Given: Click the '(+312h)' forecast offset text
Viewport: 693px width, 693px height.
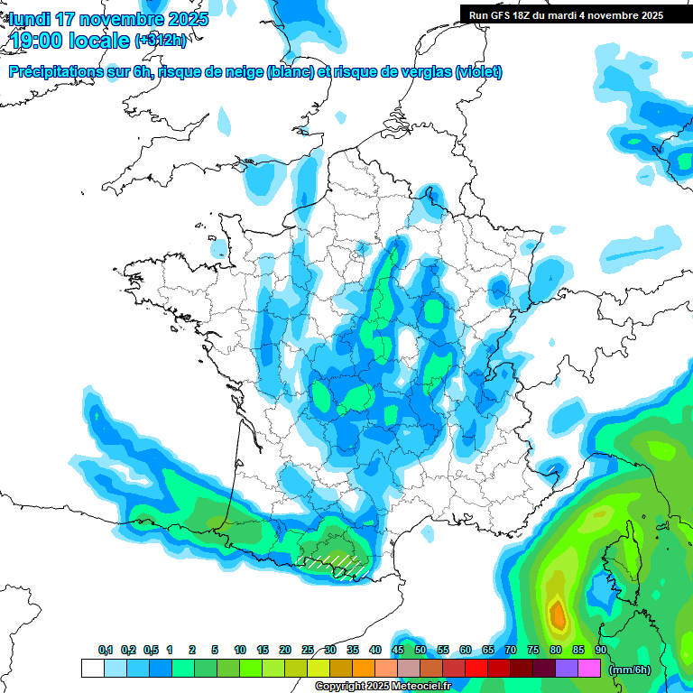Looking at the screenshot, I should point(161,42).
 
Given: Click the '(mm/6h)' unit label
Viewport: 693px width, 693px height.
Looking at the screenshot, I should point(630,669).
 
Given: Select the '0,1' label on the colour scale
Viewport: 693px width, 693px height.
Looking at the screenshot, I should point(106,651).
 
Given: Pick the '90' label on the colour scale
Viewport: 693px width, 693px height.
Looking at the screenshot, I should point(601,651).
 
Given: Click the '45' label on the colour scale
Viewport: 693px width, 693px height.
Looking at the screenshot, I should point(398,651).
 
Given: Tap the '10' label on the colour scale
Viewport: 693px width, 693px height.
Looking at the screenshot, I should point(240,651).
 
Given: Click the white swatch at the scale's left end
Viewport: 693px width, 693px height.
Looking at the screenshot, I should point(92,668).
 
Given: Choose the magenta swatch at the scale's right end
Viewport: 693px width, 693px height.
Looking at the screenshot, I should point(589,668).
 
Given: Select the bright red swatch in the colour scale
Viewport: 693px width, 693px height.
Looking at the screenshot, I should point(476,668).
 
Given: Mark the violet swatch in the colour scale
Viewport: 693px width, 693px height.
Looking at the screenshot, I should point(567,668).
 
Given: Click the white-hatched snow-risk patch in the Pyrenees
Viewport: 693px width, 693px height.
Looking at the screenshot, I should point(334,565).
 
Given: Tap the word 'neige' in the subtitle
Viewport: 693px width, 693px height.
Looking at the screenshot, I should point(242,72).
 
